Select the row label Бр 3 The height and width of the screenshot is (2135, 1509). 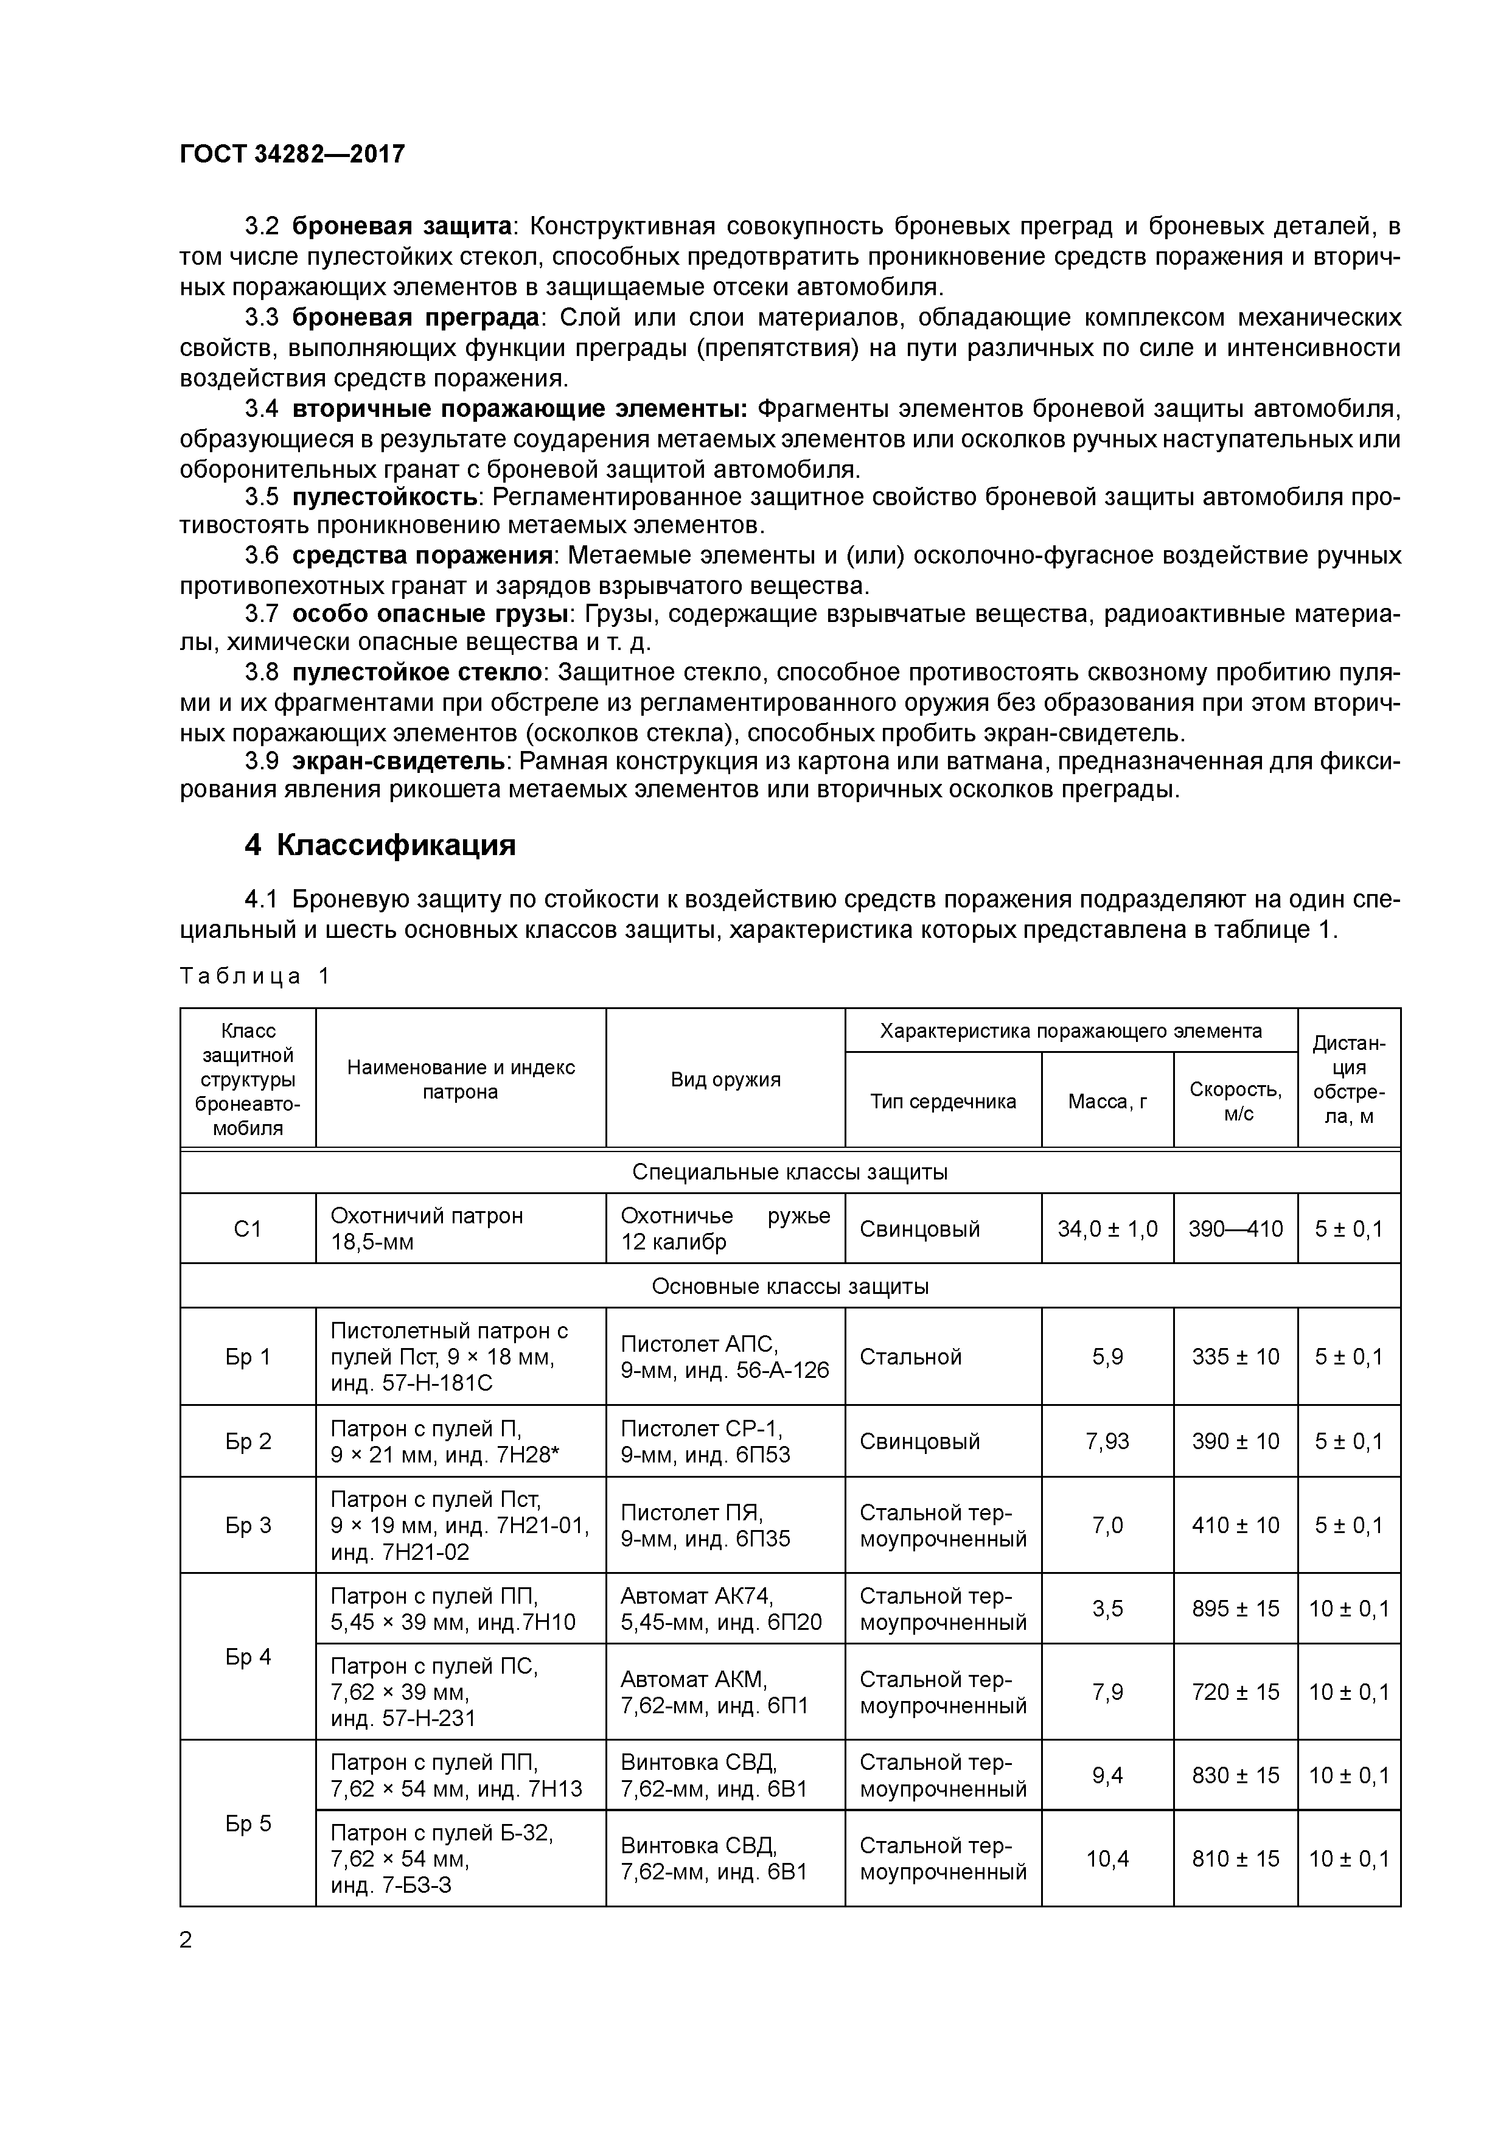247,1525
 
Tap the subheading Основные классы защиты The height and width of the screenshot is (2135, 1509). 789,1286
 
